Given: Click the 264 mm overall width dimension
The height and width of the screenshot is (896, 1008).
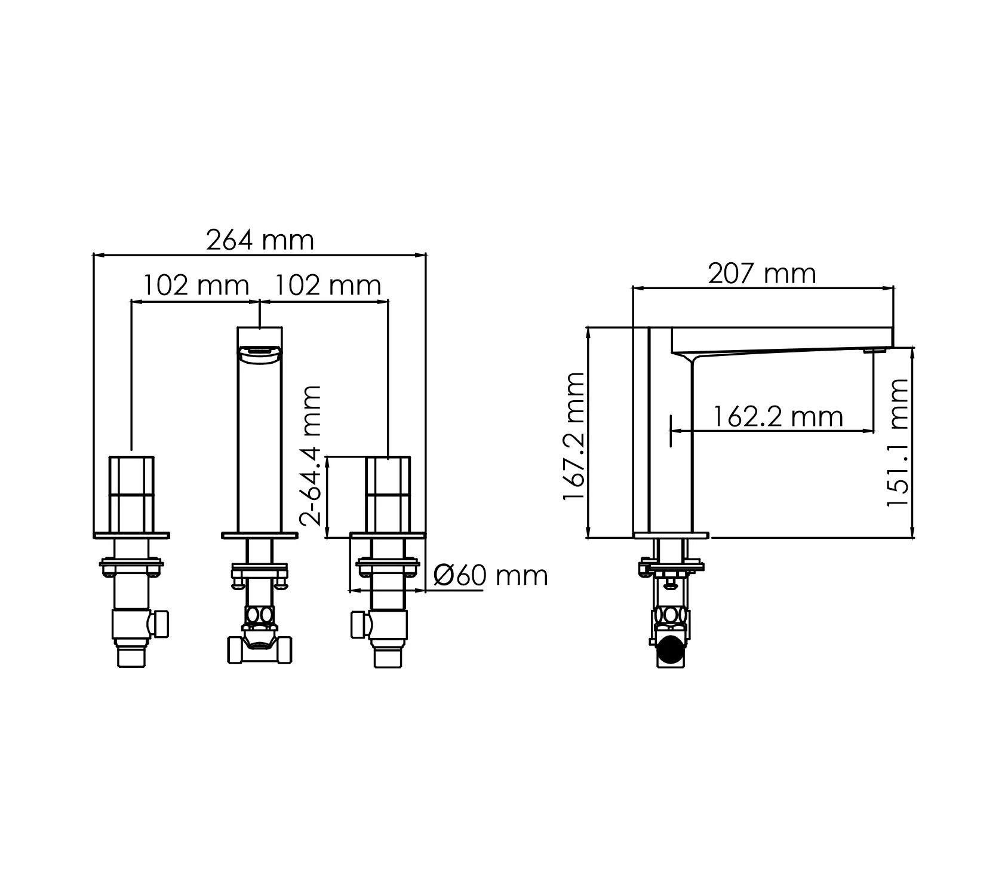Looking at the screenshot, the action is point(260,240).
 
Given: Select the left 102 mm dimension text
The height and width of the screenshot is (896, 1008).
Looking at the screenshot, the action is point(195,286).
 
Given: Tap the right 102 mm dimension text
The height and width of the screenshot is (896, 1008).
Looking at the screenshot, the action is point(327,286).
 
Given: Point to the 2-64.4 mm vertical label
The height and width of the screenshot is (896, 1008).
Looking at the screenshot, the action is point(311,456).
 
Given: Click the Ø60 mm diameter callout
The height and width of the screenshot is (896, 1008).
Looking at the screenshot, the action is point(491,576).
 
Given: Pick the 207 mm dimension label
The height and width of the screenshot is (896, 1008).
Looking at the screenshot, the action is point(762,274).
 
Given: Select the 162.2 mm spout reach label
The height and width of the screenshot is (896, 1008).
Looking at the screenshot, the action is point(777,416).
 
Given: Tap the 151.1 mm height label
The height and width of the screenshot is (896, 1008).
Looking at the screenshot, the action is point(898,443).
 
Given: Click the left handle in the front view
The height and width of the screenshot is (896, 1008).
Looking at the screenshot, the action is point(131,495).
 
